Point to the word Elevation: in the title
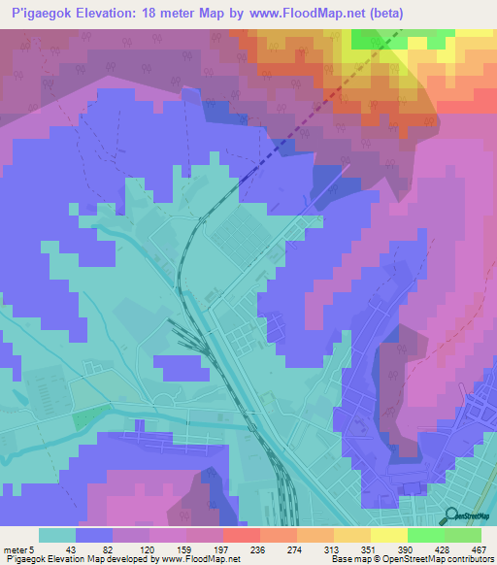point(113,13)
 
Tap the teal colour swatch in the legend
point(57,535)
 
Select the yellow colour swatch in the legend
point(387,535)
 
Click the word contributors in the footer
point(472,559)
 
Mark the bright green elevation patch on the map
point(367,39)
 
